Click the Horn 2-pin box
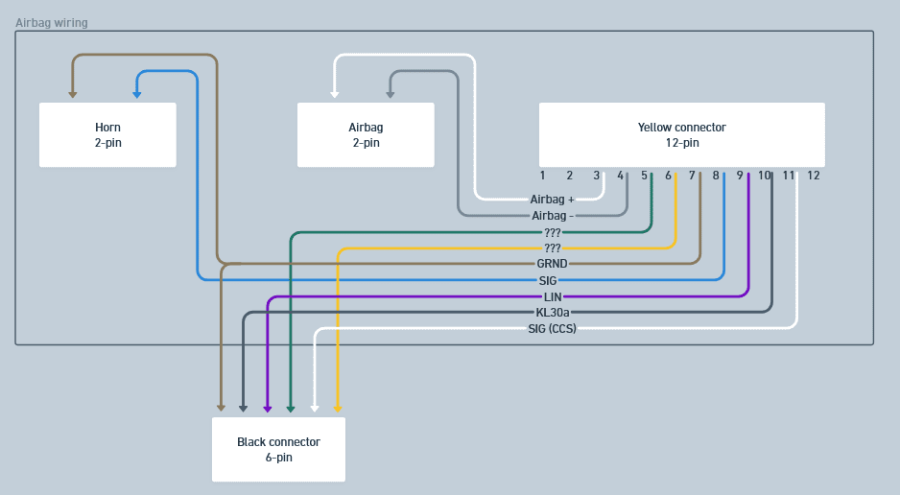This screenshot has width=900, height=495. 107,134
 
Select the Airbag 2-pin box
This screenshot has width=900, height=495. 366,134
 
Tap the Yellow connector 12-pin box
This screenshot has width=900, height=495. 681,134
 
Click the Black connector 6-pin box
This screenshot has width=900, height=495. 278,449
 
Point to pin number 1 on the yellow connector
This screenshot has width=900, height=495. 542,176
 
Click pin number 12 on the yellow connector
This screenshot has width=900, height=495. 814,176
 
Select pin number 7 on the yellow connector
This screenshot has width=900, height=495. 692,176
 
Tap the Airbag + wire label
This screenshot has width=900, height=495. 552,200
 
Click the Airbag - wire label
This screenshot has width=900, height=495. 552,216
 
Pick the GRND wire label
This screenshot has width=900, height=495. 552,263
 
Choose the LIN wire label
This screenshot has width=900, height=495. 552,296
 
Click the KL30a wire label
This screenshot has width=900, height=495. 552,312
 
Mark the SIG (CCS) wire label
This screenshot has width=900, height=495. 552,328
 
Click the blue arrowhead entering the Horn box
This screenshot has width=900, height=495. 137,94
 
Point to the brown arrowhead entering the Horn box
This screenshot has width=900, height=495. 73,94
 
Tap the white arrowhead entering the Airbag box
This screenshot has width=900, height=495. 335,94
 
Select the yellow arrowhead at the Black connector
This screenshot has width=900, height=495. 338,409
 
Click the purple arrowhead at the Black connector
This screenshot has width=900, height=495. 267,409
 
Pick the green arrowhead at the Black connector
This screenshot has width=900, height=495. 291,409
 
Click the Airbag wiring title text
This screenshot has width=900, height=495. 52,22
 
